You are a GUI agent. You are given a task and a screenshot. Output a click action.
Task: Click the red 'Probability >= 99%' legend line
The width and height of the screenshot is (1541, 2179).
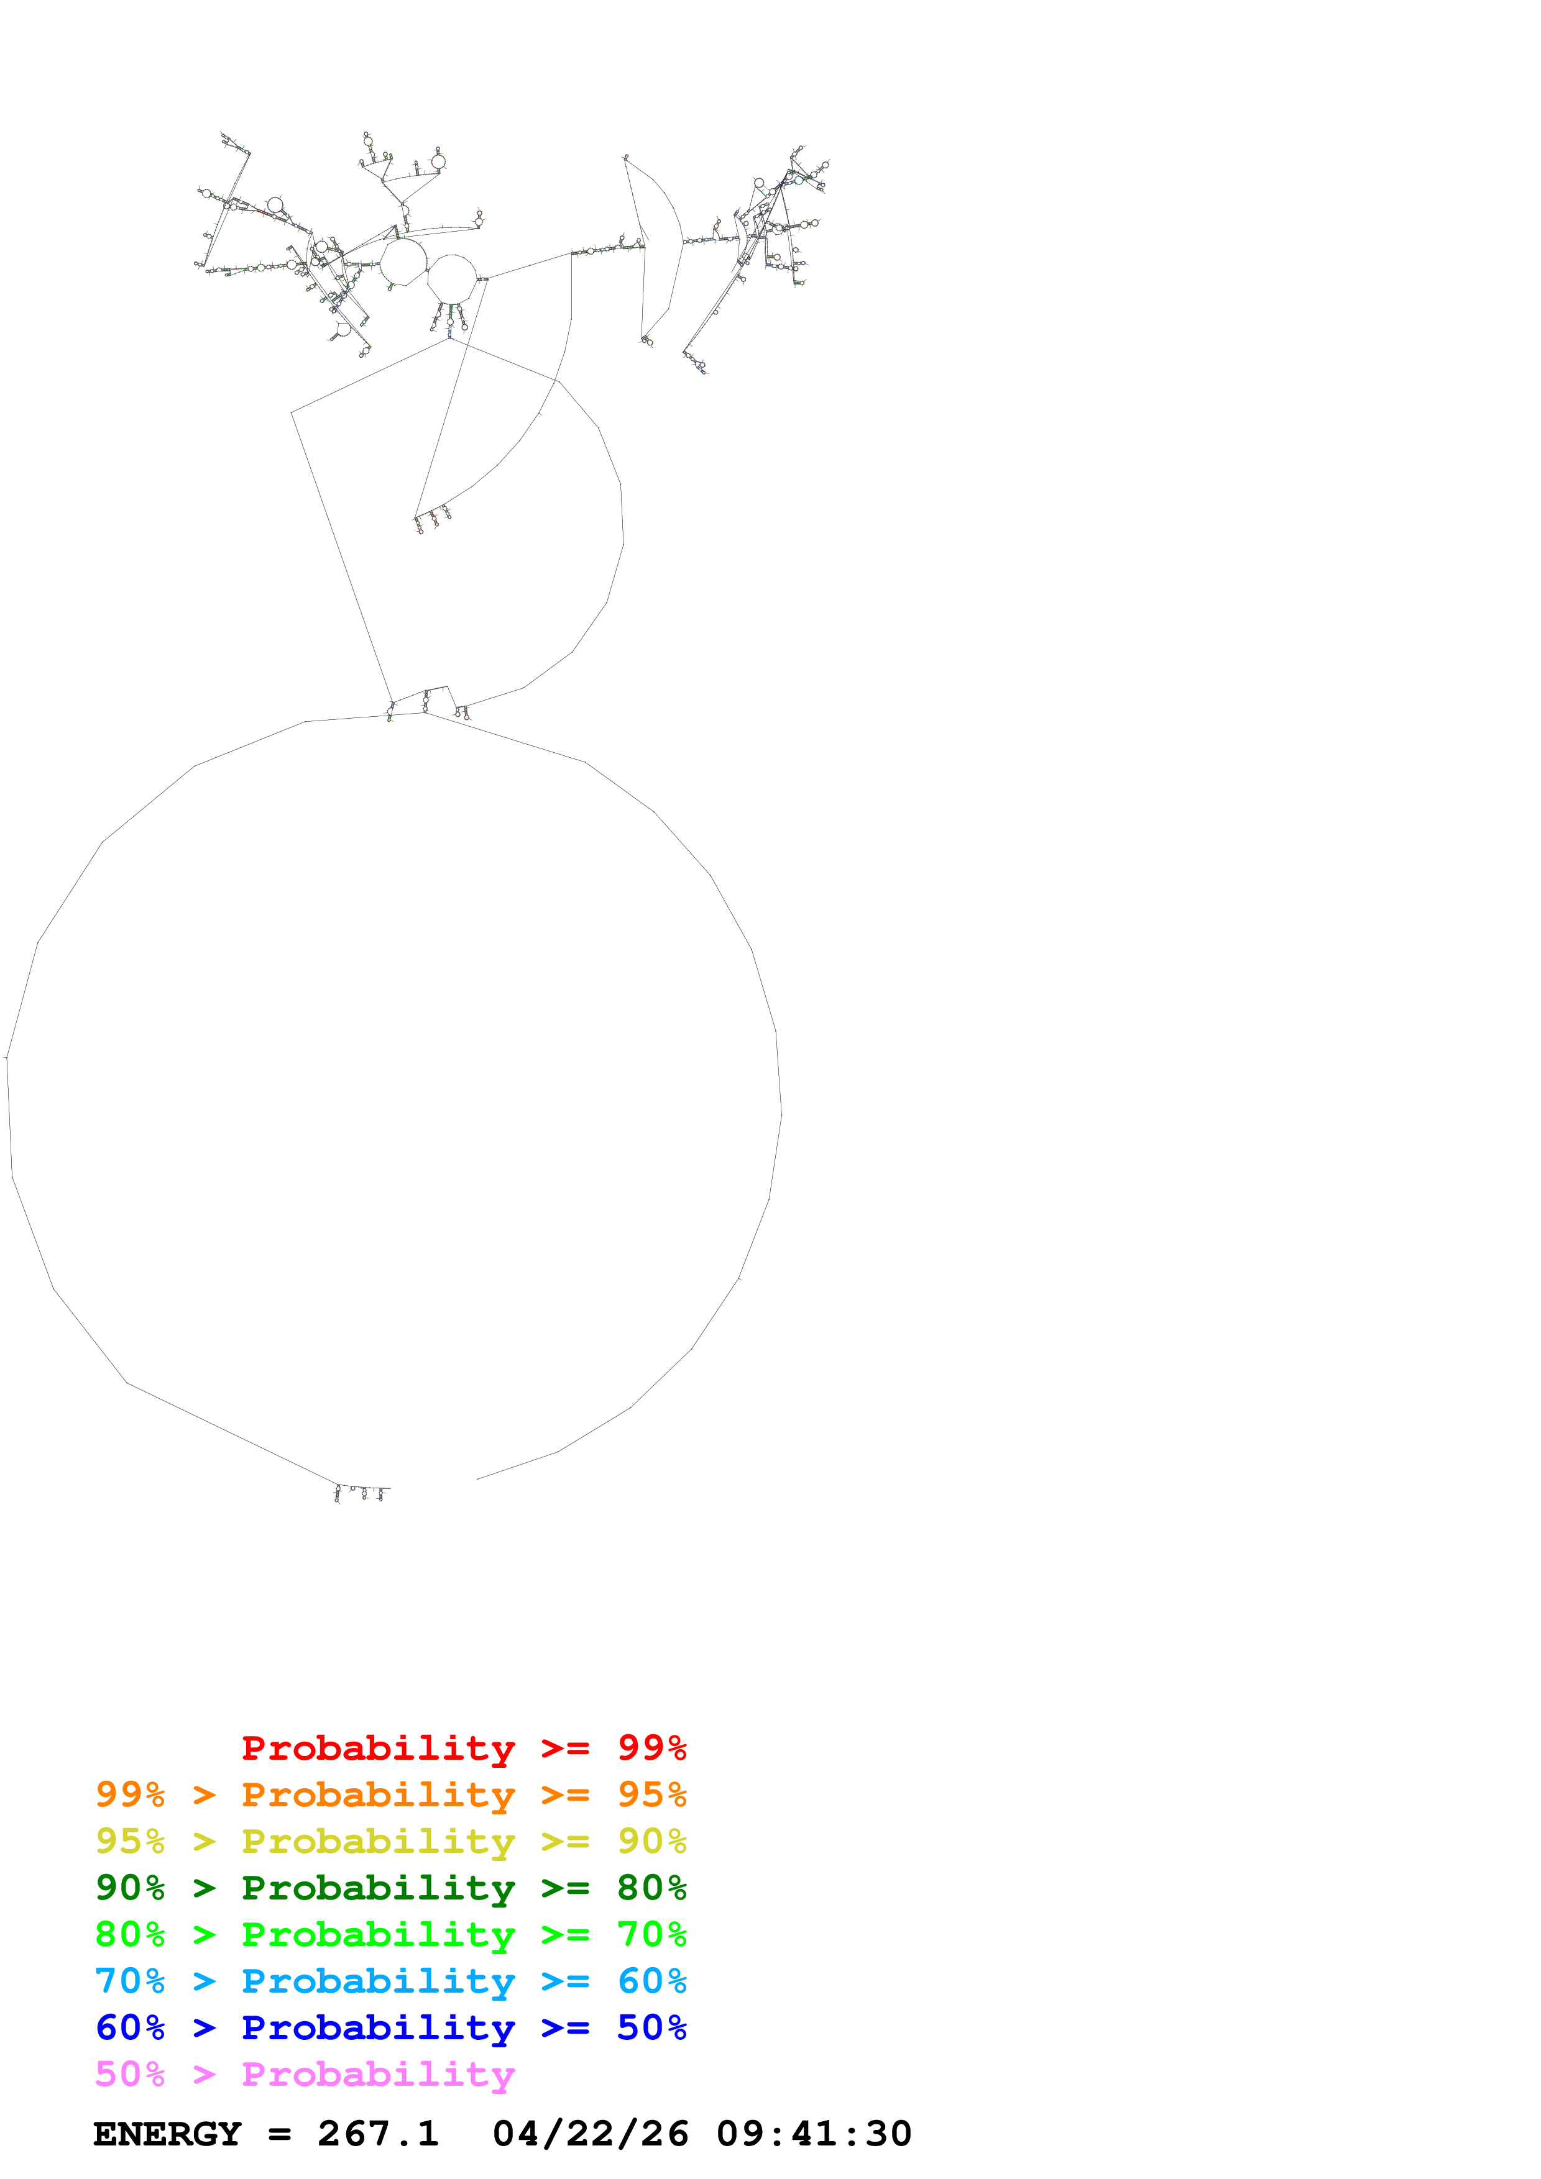(463, 1748)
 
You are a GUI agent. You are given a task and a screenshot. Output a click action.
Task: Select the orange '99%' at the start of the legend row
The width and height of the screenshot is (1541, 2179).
(130, 1795)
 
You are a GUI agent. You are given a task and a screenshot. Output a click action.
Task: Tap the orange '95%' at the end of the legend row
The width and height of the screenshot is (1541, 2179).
(651, 1795)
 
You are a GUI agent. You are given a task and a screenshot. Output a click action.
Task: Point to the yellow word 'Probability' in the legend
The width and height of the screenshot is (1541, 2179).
(378, 1841)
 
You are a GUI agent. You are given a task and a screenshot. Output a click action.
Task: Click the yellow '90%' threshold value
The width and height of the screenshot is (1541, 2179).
(651, 1841)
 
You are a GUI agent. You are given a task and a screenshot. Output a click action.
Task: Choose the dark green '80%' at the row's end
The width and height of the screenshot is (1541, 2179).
(651, 1888)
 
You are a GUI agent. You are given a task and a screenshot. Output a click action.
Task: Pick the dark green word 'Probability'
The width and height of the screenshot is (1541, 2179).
(378, 1888)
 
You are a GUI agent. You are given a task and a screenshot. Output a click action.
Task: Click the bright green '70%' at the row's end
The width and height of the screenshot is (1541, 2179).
(651, 1934)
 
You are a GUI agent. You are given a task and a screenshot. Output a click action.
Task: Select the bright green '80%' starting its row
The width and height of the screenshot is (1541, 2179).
(130, 1934)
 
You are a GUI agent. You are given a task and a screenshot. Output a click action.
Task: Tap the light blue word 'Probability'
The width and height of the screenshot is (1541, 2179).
(378, 1981)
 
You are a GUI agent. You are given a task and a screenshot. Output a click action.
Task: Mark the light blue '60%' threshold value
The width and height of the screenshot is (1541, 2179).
(651, 1981)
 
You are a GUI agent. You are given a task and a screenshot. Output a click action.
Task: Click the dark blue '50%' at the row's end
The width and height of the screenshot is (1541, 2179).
(651, 2027)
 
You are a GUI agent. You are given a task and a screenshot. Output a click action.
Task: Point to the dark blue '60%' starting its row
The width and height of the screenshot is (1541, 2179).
(130, 2027)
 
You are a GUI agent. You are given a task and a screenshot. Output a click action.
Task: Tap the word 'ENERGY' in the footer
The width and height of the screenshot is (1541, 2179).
(167, 2134)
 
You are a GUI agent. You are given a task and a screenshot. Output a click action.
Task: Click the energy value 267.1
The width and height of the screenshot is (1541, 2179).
(378, 2134)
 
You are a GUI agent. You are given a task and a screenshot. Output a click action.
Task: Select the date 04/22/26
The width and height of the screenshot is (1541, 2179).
(591, 2134)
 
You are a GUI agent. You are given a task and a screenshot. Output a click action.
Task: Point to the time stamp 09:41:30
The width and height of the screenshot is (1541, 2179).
(814, 2134)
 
